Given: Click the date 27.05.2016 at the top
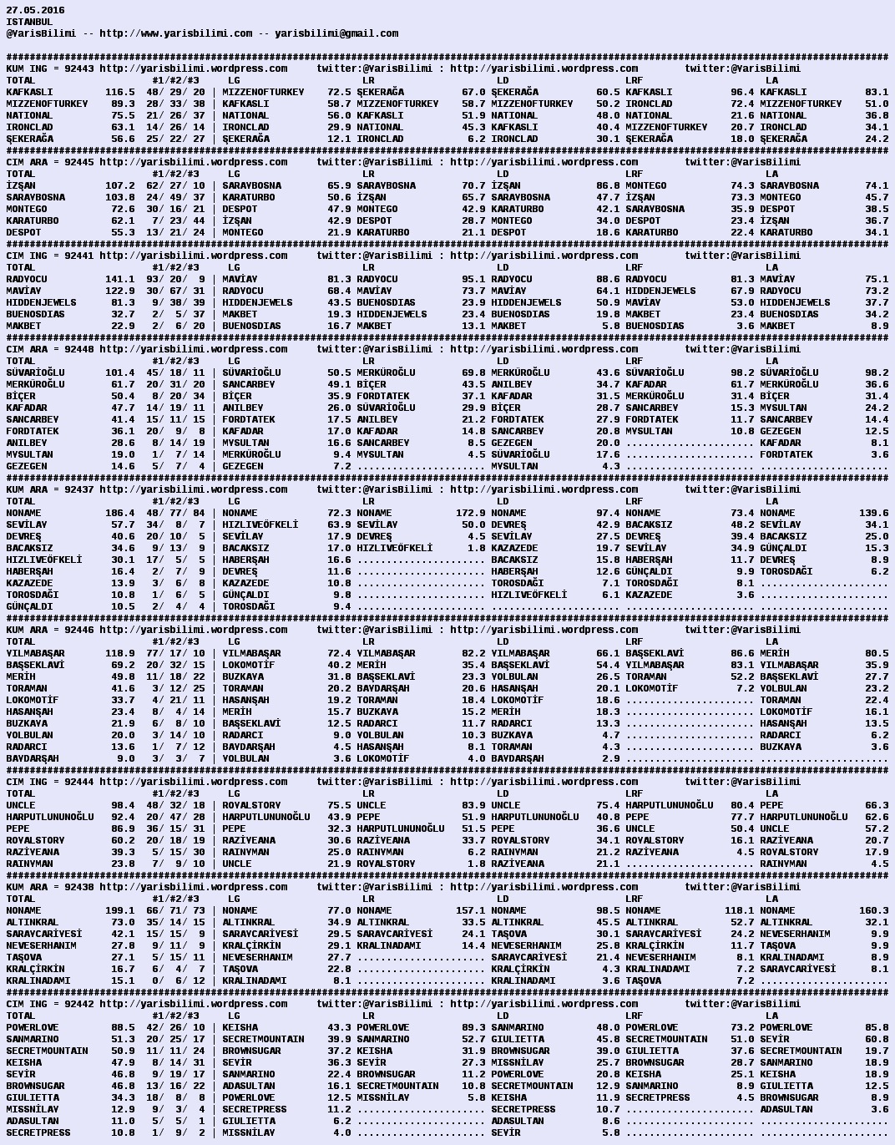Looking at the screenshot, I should click(35, 10).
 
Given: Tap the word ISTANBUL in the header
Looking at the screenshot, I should click(29, 22).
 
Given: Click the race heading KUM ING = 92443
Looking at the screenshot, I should click(50, 68).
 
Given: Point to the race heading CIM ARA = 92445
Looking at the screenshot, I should click(50, 162).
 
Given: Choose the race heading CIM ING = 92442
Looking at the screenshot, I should click(50, 1004).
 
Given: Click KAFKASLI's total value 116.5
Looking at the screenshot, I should click(119, 92).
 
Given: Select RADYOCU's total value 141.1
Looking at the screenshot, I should click(119, 279).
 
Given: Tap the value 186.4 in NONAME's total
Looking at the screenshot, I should click(119, 513).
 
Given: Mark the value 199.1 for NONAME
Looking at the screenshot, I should click(119, 910).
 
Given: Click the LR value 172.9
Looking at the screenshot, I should click(470, 513).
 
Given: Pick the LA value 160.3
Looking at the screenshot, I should click(873, 910).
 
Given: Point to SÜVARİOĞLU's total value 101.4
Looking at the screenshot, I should click(119, 372).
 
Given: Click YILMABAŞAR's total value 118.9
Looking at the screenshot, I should click(119, 653).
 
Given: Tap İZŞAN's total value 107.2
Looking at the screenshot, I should click(119, 185).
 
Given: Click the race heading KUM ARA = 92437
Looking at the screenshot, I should click(50, 489).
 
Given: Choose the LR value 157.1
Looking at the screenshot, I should click(470, 910).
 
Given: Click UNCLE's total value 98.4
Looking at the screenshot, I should click(123, 805).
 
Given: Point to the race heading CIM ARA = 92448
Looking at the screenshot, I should click(50, 349).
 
